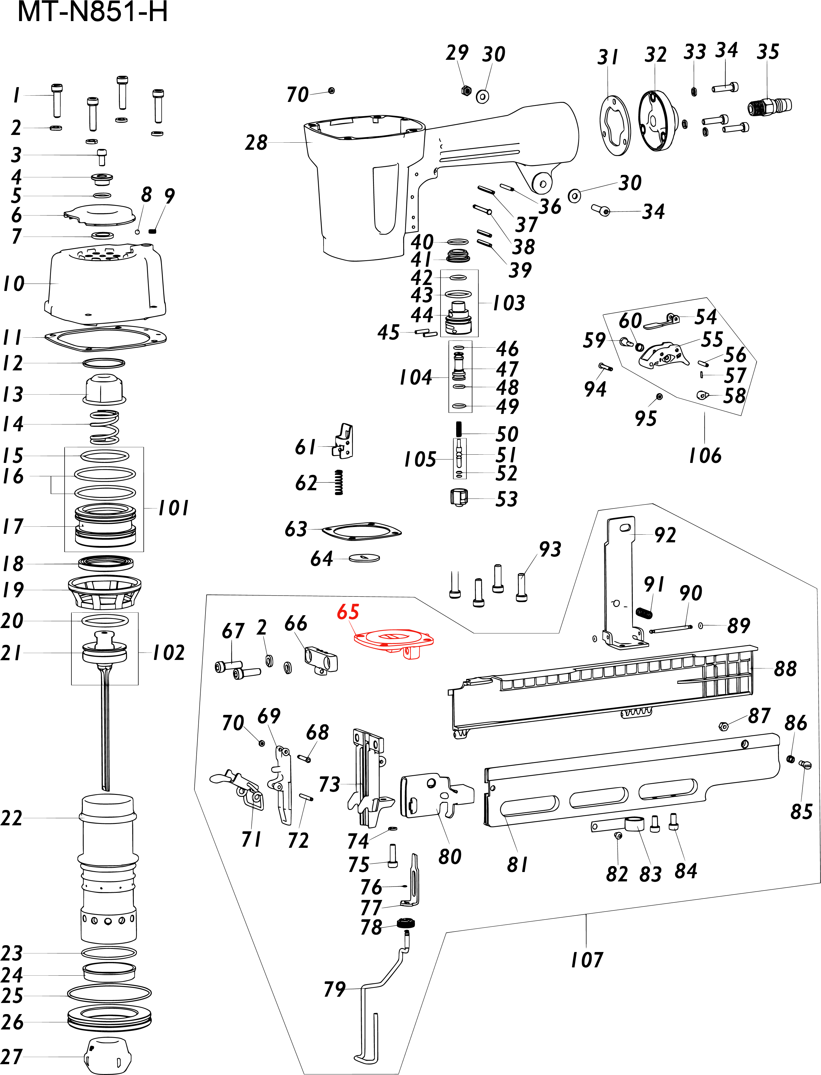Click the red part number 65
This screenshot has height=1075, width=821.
(348, 612)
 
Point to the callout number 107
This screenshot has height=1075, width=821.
(587, 960)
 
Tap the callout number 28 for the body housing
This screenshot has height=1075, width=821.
(256, 143)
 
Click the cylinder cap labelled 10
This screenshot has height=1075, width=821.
(105, 284)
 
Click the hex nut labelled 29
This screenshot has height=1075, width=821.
(466, 91)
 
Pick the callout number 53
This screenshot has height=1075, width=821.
(506, 499)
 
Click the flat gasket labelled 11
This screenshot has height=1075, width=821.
(105, 337)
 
